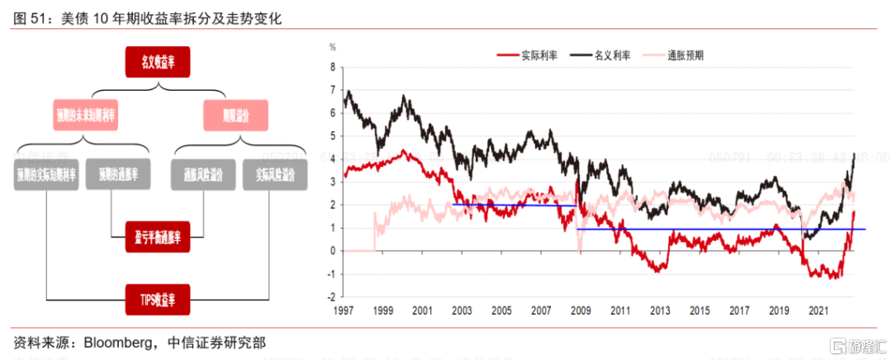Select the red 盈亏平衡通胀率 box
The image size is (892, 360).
pos(158,236)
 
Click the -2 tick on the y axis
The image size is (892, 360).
pos(330,297)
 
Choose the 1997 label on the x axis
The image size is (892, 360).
pos(344,310)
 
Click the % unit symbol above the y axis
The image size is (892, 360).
pos(333,47)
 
